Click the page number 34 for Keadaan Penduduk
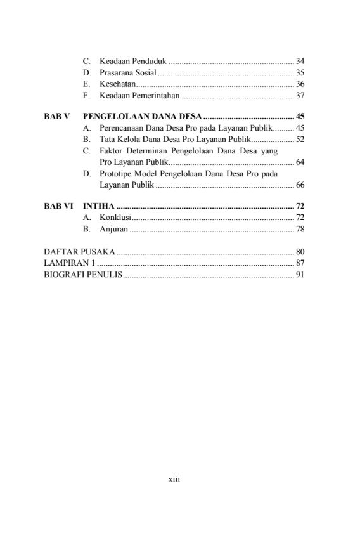(300, 62)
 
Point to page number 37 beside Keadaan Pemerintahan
(300, 96)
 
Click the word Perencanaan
(123, 128)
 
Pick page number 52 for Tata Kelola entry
(300, 140)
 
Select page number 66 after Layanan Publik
(300, 185)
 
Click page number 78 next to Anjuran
(300, 229)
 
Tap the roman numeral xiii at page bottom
(174, 480)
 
